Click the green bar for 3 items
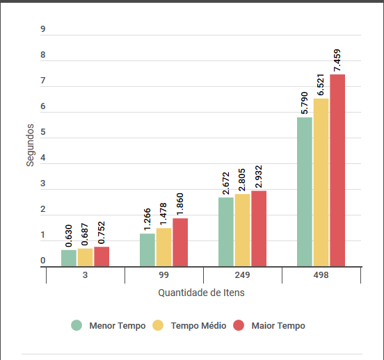tap(69, 259)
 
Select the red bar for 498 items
tap(337, 170)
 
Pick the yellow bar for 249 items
tap(243, 230)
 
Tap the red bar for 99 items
tap(180, 243)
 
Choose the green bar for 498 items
tap(305, 192)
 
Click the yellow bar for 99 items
tap(164, 247)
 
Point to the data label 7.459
tap(337, 60)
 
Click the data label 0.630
tap(69, 236)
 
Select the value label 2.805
tap(241, 180)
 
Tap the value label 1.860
tap(179, 204)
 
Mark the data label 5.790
tap(305, 103)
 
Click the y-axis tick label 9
tap(43, 29)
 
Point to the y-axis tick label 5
tap(43, 132)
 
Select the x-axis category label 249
tap(243, 275)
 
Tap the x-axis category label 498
tap(321, 275)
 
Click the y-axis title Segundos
tap(30, 145)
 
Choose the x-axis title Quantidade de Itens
tap(201, 293)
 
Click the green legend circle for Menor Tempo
tap(77, 325)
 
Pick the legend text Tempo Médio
tap(199, 326)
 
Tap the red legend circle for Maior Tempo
tap(239, 325)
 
